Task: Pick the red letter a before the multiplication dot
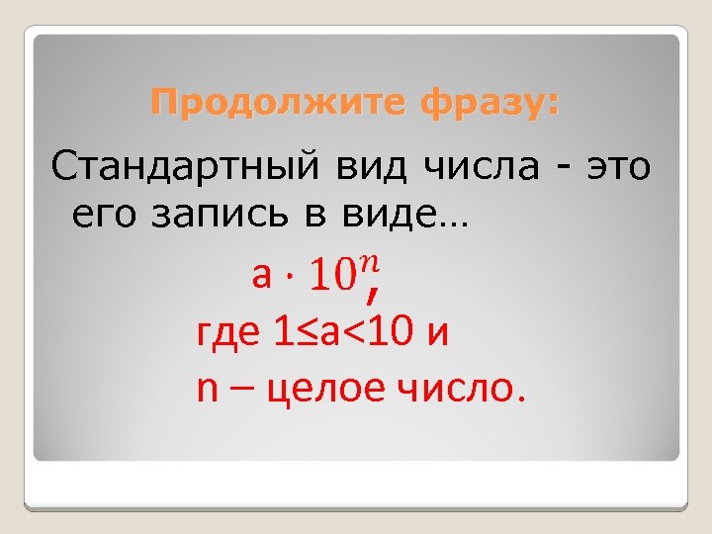261,276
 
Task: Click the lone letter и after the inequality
438,333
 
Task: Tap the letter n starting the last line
208,389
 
